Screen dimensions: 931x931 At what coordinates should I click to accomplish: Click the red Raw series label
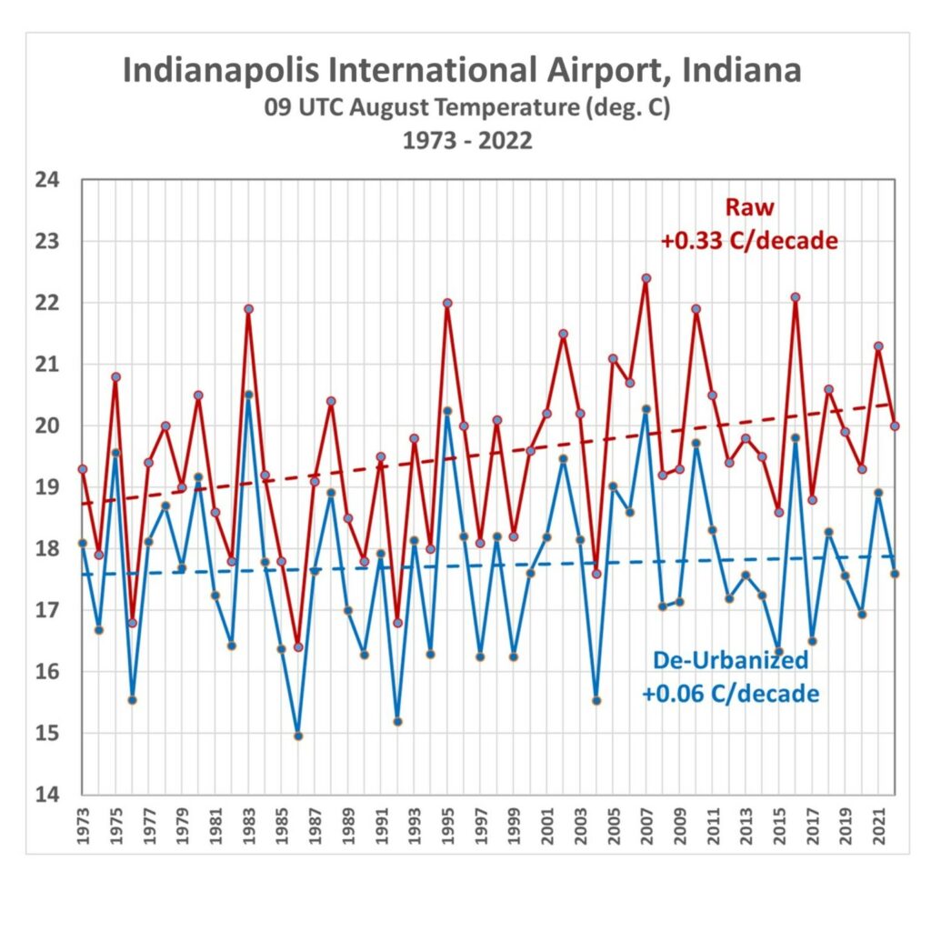(x=750, y=207)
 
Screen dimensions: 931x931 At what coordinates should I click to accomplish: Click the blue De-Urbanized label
(x=729, y=661)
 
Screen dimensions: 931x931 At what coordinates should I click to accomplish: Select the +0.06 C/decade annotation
(x=730, y=695)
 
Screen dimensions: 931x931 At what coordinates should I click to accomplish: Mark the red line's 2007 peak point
(x=646, y=278)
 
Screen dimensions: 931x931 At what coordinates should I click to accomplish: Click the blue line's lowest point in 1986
(x=298, y=736)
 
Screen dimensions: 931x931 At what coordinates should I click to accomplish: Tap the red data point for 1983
(x=248, y=309)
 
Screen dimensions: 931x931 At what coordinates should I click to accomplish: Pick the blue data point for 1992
(x=397, y=721)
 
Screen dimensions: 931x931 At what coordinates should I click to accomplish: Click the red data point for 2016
(x=796, y=297)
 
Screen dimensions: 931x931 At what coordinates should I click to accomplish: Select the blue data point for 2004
(x=596, y=700)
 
